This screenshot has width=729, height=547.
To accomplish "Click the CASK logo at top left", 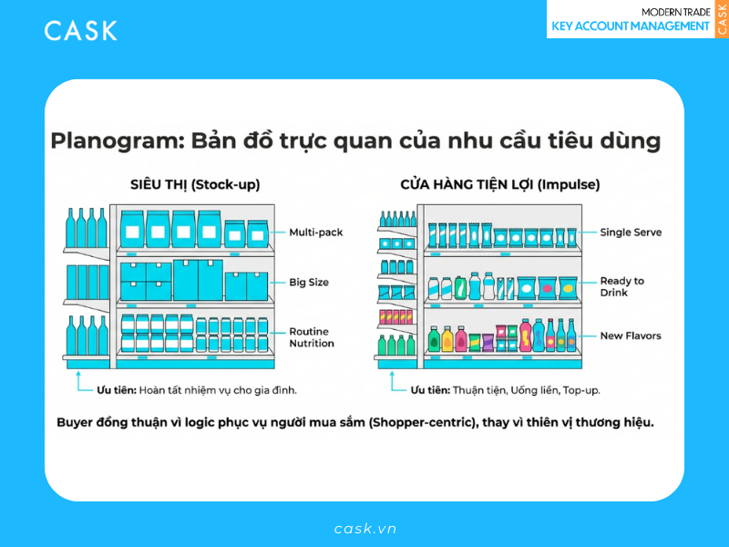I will (81, 30).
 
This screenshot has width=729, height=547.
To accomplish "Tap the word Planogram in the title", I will (108, 141).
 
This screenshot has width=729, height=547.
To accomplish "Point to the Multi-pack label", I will (315, 232).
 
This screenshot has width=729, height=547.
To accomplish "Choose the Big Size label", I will (309, 283).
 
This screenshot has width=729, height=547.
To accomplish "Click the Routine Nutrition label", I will (312, 337).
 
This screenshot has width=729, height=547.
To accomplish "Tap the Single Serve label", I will (631, 232).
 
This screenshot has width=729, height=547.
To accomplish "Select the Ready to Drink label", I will (621, 287).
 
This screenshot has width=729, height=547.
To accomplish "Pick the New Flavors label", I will (631, 336).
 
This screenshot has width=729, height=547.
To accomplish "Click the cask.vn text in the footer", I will (364, 529).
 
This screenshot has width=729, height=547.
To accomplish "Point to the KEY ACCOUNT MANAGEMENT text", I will (631, 26).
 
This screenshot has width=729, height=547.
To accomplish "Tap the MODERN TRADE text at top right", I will (675, 11).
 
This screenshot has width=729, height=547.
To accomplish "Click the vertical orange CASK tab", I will (722, 19).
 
